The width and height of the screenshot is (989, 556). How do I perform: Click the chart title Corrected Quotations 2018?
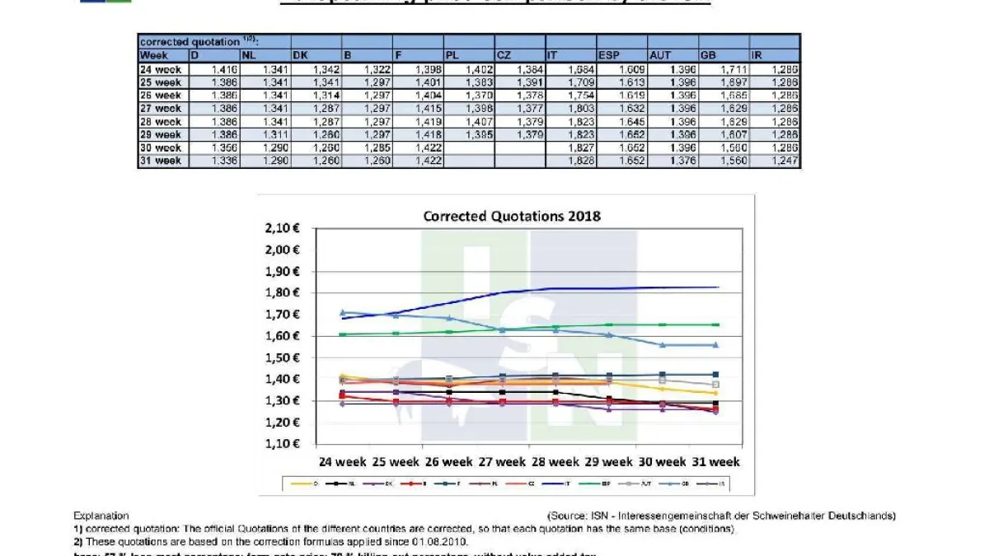coord(512,216)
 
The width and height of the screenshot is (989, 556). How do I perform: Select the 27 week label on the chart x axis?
coord(499,462)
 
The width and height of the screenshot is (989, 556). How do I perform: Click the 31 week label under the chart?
coord(715,462)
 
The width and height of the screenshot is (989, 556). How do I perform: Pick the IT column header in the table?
coord(571,55)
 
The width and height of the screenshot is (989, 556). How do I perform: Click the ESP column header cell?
coord(622,55)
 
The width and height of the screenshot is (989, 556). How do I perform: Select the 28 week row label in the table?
coord(162,121)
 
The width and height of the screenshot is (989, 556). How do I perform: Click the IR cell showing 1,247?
coord(774,161)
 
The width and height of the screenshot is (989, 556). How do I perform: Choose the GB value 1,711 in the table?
coord(723,69)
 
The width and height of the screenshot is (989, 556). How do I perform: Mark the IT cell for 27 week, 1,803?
coord(571,108)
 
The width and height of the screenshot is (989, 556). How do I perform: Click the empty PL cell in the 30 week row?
coord(469,148)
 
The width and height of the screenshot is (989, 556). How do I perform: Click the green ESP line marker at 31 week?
coord(715,325)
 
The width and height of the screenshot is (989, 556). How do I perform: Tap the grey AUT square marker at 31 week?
coord(715,385)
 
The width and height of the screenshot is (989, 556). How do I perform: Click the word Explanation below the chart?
coord(101,516)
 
